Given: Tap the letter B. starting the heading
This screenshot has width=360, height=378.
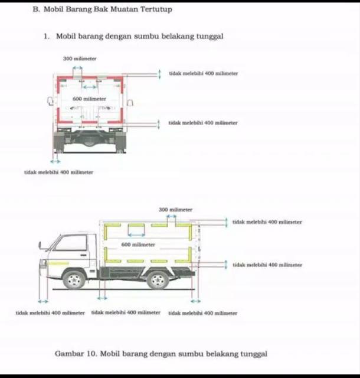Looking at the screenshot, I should click(x=36, y=9).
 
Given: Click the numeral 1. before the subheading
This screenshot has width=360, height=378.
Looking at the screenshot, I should click(x=47, y=36).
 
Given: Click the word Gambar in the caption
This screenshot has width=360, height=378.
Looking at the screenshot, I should click(x=69, y=353).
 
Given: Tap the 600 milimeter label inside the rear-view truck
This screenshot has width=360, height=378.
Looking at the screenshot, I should click(x=89, y=99).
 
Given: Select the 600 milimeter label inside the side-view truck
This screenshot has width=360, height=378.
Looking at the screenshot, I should click(x=138, y=244).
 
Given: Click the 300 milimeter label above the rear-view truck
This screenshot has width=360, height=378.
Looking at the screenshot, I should click(x=80, y=58).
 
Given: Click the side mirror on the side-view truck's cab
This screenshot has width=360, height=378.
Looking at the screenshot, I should click(x=40, y=244).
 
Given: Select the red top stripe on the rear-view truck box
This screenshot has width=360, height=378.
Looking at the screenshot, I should click(x=89, y=77).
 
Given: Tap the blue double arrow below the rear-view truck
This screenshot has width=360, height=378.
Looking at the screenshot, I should click(x=55, y=161).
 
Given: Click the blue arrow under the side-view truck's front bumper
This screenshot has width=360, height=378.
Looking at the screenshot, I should click(x=42, y=301).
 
